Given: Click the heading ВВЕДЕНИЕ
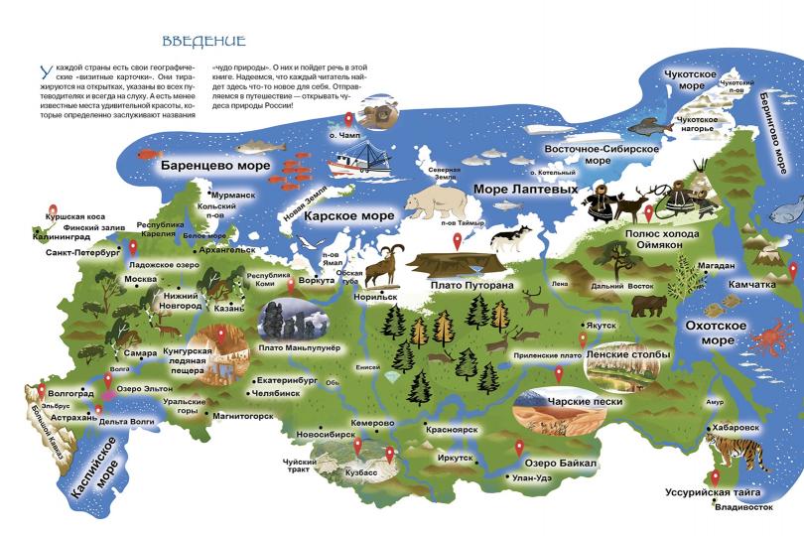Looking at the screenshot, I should coord(203,42).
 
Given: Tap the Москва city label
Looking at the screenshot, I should coord(140,279).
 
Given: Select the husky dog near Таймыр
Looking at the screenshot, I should coord(513,237).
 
